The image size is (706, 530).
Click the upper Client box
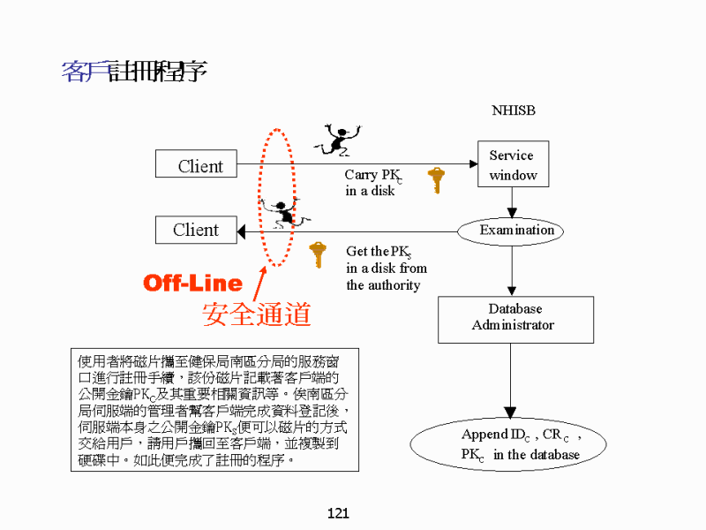coord(200,164)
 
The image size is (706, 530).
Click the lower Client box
coord(196,230)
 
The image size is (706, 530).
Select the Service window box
coord(512,165)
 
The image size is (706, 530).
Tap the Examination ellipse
coord(515,231)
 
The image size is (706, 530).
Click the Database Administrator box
coord(512,317)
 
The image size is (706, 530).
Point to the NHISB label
coord(513,111)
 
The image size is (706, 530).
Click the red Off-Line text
coord(192,283)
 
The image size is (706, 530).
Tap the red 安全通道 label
coord(257,314)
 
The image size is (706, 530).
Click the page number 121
coord(338,513)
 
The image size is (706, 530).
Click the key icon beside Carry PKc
coord(435,179)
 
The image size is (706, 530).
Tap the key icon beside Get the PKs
coord(318,254)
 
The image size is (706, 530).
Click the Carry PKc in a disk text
coord(373,183)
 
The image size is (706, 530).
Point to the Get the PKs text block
coord(387,268)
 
